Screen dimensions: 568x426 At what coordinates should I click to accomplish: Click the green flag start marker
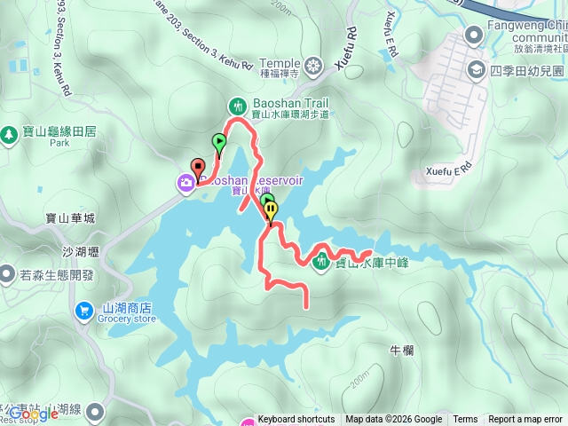coord(218,142)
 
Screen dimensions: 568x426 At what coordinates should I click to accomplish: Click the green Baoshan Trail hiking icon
coord(237,105)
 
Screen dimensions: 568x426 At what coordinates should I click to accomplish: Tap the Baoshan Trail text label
coord(279,103)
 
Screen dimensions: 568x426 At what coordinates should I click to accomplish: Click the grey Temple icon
coord(313,65)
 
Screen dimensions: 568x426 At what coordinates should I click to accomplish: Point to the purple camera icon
coord(185,183)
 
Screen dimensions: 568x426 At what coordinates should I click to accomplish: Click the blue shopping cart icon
coord(84,310)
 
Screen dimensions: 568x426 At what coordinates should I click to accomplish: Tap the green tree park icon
coord(9,134)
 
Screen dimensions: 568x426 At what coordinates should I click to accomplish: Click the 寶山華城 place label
coord(68,217)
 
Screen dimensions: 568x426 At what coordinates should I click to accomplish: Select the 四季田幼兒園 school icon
coord(477,69)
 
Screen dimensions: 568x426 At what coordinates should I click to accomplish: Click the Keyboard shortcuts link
coord(296,420)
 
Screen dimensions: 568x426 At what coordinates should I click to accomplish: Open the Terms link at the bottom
coord(465,420)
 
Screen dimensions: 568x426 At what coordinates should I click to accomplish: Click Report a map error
coord(525,420)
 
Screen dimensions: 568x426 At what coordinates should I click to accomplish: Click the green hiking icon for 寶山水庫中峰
coord(319,260)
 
